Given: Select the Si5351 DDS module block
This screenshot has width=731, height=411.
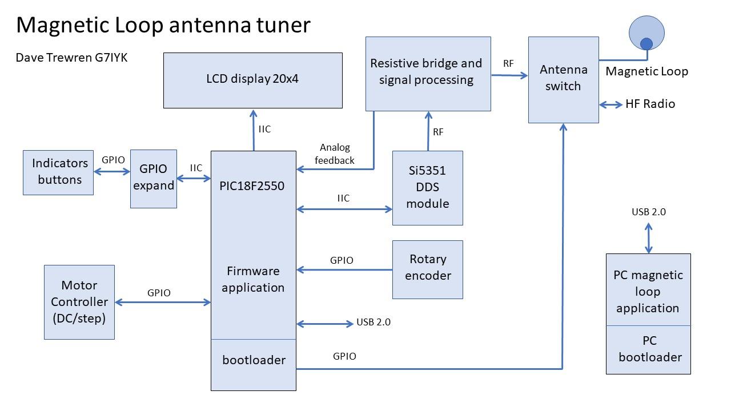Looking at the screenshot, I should point(427,187).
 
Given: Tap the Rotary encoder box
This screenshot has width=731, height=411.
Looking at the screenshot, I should point(427,269).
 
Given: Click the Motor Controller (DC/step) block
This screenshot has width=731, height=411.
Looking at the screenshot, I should point(79,301).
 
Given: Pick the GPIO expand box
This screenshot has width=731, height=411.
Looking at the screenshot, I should point(153,178).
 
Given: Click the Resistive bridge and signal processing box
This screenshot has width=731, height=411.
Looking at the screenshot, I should point(427,73).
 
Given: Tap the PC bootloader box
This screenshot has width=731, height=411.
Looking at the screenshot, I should point(648,349).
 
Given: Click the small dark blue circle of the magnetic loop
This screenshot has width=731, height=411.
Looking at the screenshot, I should point(646,44).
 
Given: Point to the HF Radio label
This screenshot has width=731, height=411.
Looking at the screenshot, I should point(650,104).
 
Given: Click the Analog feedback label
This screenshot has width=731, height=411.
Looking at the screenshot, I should point(335,154).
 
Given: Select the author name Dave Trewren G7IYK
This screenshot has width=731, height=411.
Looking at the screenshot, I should point(72,58).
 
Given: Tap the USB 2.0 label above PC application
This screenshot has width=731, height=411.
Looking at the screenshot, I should point(649,212).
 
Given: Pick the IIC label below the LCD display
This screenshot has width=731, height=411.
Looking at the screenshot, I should point(264,130).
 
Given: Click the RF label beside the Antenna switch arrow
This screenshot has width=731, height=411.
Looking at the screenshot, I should point(508,63).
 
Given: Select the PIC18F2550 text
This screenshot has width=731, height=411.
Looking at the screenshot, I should point(252,186).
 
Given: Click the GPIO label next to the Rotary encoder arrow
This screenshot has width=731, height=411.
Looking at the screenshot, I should point(342,260).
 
